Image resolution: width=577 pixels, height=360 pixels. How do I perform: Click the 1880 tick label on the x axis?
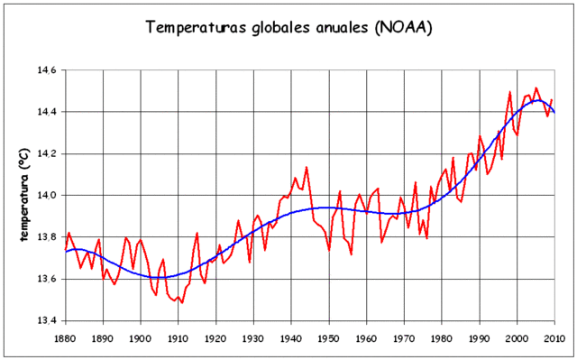point(66,337)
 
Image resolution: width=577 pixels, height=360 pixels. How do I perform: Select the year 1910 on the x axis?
point(178,337)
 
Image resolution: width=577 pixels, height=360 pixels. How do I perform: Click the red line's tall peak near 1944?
point(307,167)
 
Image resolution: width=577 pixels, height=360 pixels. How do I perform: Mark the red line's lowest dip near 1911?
point(182,302)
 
